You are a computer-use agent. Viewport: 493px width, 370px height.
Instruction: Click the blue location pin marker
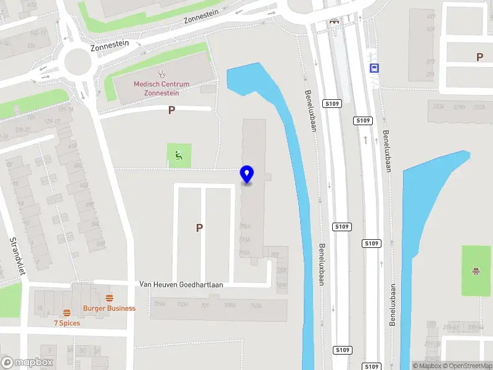point(247,175)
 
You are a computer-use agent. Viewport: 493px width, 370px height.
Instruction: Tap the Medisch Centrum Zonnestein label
point(161,88)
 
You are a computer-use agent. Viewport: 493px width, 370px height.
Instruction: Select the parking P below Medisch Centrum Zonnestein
point(171,110)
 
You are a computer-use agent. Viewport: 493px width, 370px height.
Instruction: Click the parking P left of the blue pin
point(199,228)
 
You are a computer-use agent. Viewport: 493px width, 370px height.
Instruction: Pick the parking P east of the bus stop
point(479,57)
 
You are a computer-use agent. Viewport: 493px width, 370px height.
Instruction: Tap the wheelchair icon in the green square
point(179,155)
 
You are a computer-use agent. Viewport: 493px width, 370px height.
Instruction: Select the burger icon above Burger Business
point(109,298)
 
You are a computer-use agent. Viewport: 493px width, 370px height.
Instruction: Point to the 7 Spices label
point(67,323)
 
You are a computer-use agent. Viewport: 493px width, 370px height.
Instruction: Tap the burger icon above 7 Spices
point(67,312)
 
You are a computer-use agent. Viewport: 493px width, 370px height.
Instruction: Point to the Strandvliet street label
point(14,260)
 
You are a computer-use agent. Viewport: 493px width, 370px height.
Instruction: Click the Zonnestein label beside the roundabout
point(110,44)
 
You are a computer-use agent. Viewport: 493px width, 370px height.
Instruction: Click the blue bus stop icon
point(373,68)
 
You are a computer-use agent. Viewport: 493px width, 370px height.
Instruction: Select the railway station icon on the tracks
point(335,22)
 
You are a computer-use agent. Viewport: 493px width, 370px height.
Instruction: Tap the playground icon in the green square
point(476,270)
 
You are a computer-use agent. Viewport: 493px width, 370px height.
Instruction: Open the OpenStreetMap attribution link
point(464,366)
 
